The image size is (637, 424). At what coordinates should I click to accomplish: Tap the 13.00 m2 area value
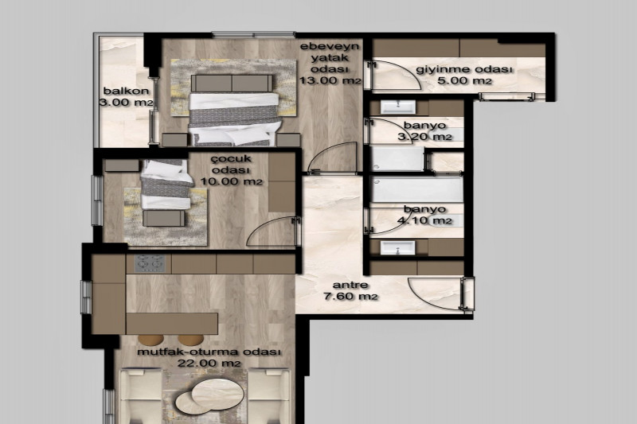pyautogui.click(x=330, y=80)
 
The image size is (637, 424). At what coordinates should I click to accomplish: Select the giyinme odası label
pyautogui.click(x=464, y=69)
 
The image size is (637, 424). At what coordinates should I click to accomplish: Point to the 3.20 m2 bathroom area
pyautogui.click(x=424, y=136)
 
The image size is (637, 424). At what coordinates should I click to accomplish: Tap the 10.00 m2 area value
pyautogui.click(x=232, y=181)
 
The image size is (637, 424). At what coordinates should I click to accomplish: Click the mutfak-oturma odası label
pyautogui.click(x=209, y=352)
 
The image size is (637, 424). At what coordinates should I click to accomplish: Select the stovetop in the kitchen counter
pyautogui.click(x=150, y=263)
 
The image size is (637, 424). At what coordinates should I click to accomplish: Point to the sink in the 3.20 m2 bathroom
pyautogui.click(x=397, y=107)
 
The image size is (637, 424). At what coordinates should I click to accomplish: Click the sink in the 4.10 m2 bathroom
pyautogui.click(x=397, y=247)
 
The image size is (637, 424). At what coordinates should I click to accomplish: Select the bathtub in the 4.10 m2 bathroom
pyautogui.click(x=417, y=190)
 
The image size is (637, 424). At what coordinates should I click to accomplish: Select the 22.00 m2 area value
pyautogui.click(x=209, y=363)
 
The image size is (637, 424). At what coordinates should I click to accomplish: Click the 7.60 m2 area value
pyautogui.click(x=350, y=296)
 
